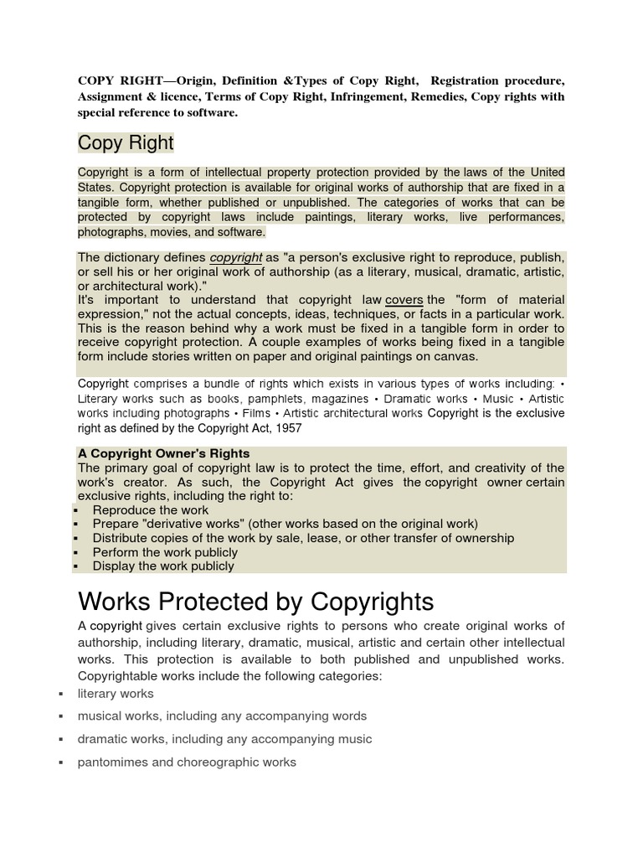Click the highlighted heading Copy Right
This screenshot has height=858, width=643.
pos(126,142)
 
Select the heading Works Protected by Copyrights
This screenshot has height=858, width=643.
pos(255,601)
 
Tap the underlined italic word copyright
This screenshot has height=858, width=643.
pos(236,258)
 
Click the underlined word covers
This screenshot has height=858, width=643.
pos(404,300)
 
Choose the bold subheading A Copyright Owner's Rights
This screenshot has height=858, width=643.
pos(164,453)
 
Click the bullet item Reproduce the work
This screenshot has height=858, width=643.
pos(151,509)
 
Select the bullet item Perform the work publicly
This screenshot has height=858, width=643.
pos(165,552)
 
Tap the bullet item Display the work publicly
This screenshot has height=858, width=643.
pos(163,566)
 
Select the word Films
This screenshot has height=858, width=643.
pos(256,413)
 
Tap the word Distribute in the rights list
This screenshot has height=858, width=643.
pos(122,538)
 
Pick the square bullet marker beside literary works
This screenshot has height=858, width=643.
pos(61,694)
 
